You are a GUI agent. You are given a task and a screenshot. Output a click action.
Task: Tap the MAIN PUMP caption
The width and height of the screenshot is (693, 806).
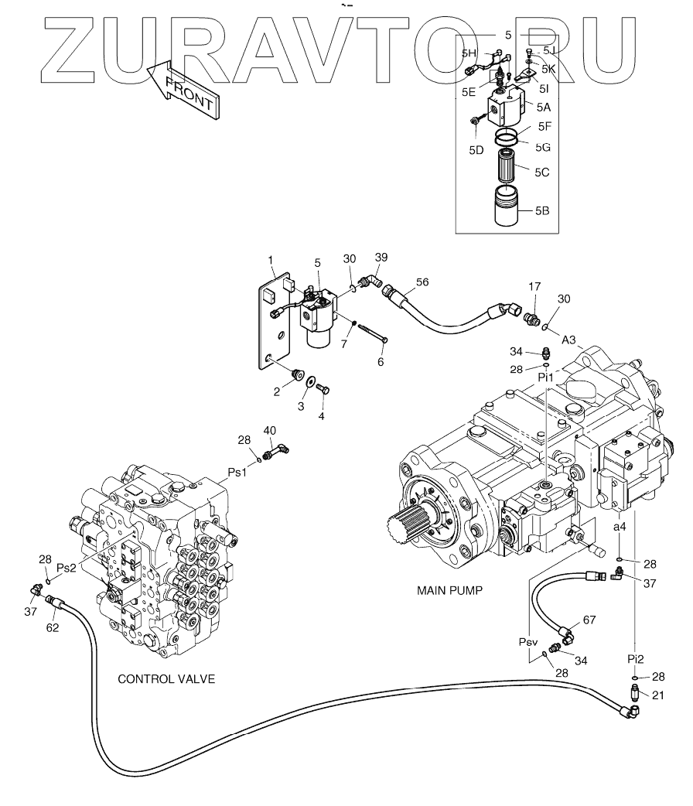click(x=449, y=590)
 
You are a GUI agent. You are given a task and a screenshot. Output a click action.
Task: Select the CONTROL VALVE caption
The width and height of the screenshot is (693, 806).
click(x=166, y=679)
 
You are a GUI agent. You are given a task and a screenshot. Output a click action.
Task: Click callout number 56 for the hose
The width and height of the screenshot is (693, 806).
click(x=421, y=282)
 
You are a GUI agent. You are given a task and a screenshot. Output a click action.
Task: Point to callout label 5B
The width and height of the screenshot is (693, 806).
click(x=541, y=209)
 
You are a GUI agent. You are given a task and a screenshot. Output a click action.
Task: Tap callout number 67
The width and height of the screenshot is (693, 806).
click(x=589, y=620)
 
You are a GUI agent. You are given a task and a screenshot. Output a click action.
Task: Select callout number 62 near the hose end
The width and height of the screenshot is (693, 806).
click(x=53, y=627)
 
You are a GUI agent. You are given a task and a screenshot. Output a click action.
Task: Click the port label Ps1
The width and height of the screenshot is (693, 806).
click(x=236, y=472)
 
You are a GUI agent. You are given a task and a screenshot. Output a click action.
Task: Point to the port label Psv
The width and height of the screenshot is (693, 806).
click(x=528, y=642)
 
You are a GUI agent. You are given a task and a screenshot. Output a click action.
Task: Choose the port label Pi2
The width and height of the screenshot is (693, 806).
click(x=635, y=658)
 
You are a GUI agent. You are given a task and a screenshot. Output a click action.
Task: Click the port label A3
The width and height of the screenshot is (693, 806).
click(x=568, y=339)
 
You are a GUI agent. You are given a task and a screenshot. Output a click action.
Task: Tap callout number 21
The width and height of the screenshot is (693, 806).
click(x=658, y=695)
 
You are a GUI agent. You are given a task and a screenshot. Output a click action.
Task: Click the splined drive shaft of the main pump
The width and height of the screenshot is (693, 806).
click(x=409, y=533)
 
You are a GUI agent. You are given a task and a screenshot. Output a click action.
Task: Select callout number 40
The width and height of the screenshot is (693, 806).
click(x=269, y=430)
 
